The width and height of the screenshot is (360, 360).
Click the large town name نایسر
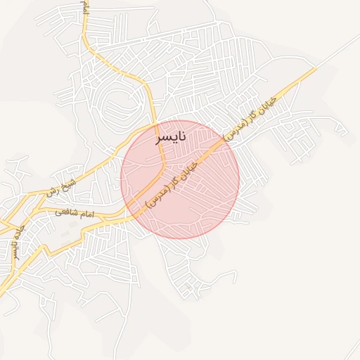point(171,136)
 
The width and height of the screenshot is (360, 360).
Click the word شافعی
point(61,212)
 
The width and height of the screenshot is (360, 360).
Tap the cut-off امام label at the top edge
point(85,7)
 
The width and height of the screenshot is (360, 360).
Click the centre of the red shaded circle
point(180,179)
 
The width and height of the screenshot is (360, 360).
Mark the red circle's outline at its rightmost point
point(239,179)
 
